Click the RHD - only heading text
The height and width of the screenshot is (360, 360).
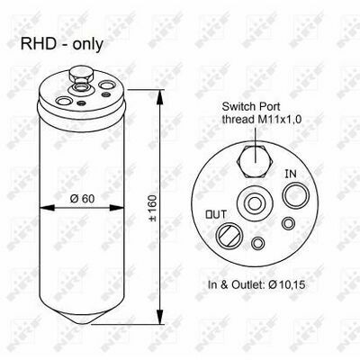tap(62, 44)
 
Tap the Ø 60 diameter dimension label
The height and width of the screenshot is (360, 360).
tap(82, 199)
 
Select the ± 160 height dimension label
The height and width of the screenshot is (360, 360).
tap(153, 208)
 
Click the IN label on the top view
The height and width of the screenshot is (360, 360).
tap(291, 174)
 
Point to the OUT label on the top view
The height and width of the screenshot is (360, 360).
tap(216, 214)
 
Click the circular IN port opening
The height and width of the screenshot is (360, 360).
tap(296, 196)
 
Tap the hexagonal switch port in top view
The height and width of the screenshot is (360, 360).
tap(255, 161)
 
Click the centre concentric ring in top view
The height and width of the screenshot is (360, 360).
tap(254, 204)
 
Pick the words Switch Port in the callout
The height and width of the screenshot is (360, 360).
tap(251, 106)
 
